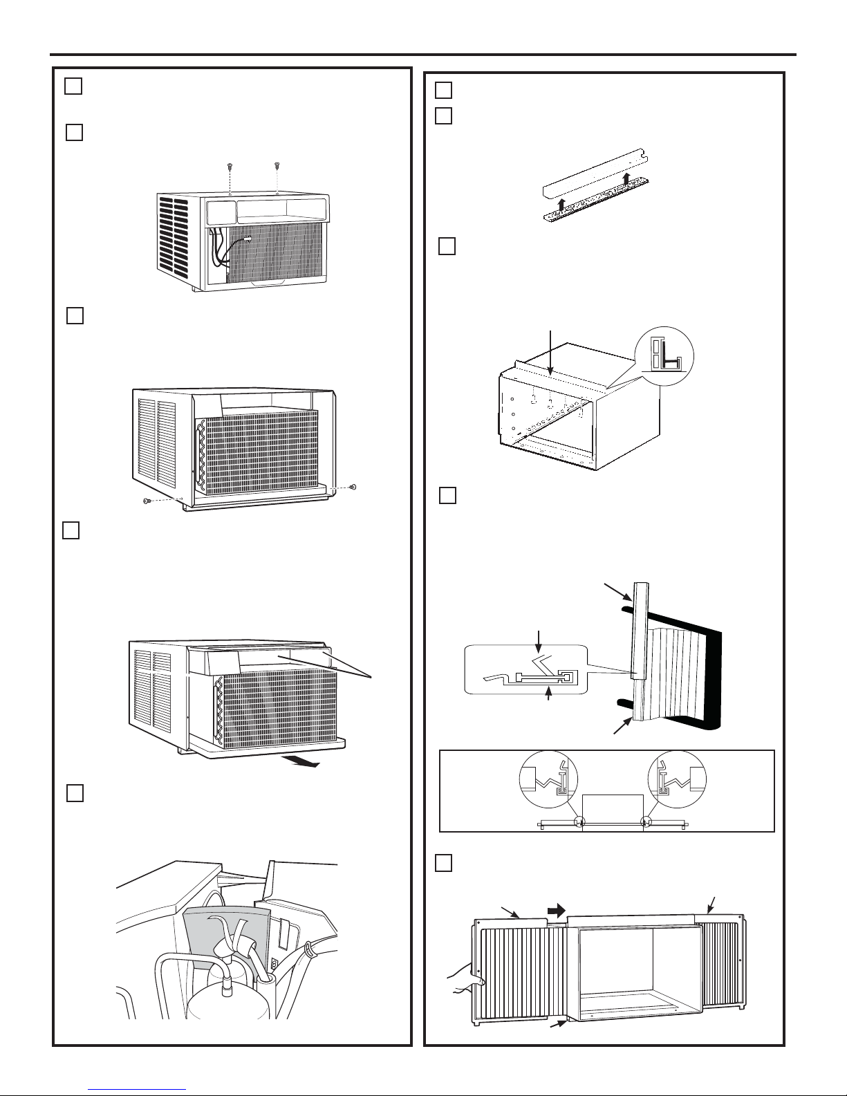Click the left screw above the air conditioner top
coord(229,167)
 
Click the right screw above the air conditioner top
coord(276,165)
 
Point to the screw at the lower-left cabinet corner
coord(147,500)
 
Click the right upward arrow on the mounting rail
coord(626,181)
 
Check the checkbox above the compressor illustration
coord(75,793)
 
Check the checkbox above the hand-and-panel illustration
coord(444,863)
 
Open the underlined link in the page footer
coord(138,1088)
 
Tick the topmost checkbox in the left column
coord(73,86)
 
